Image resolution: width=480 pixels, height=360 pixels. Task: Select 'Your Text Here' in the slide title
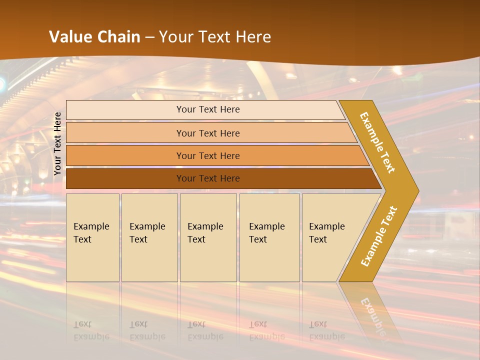pyautogui.click(x=215, y=37)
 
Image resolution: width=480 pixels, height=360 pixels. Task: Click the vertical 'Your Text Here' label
pyautogui.click(x=57, y=143)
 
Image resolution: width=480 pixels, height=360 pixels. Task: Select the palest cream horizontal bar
pyautogui.click(x=207, y=109)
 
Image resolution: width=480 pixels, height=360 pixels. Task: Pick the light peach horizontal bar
pyautogui.click(x=207, y=133)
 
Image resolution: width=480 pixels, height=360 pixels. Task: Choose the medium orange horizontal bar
pyautogui.click(x=207, y=155)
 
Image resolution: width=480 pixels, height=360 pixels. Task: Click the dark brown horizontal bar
pyautogui.click(x=207, y=178)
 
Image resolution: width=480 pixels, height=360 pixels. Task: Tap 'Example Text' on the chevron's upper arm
pyautogui.click(x=377, y=142)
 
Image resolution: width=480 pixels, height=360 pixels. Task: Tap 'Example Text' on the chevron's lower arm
pyautogui.click(x=378, y=236)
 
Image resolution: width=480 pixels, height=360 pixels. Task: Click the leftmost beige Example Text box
pyautogui.click(x=92, y=237)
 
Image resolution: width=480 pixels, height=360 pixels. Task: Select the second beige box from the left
pyautogui.click(x=149, y=237)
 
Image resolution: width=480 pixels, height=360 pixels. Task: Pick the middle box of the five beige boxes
pyautogui.click(x=208, y=237)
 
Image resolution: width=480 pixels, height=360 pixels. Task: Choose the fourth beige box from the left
pyautogui.click(x=269, y=237)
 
